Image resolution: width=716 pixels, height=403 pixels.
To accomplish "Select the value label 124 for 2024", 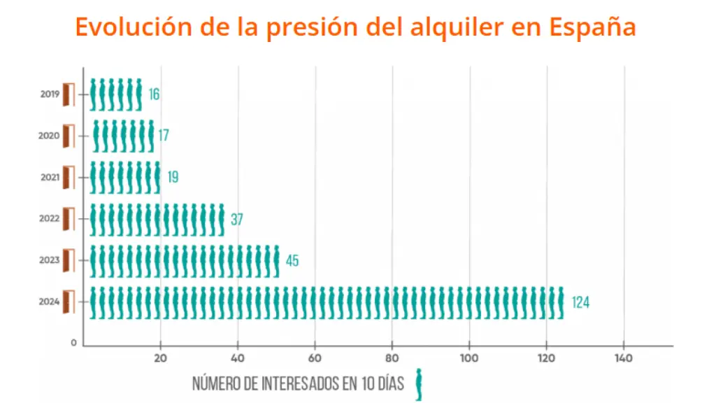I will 581,303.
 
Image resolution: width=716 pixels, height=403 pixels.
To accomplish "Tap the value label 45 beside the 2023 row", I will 292,261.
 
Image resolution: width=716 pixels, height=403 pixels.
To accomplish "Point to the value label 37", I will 237,220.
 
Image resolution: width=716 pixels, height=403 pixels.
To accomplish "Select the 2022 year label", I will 50,219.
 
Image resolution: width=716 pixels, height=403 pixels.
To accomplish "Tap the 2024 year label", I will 50,302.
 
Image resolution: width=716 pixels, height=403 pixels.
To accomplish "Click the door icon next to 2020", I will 69,136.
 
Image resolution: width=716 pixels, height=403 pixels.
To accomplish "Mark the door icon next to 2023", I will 69,260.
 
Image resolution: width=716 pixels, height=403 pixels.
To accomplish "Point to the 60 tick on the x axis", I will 315,358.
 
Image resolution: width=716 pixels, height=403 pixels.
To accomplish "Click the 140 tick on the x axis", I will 623,358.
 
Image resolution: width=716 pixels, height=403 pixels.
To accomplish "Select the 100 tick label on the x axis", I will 469,358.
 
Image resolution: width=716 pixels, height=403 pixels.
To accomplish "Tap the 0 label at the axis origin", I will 73,343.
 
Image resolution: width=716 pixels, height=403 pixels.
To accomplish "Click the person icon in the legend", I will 419,385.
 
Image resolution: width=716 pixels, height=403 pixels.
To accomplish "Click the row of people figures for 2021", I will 125,178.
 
